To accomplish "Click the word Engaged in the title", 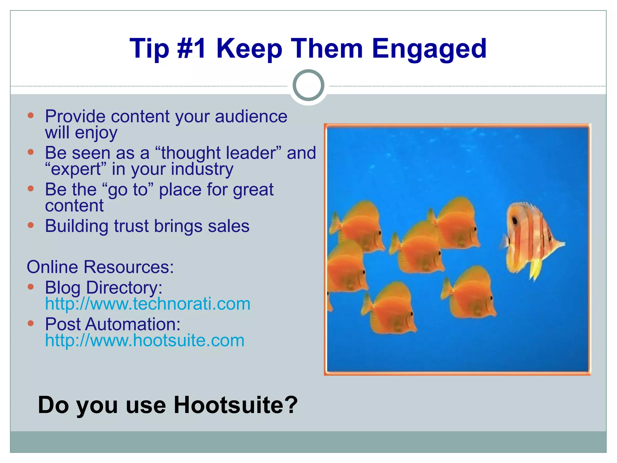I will tap(429, 49).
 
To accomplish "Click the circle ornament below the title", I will tap(308, 85).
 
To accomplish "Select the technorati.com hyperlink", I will tap(148, 304).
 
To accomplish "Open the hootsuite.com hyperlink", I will tap(145, 340).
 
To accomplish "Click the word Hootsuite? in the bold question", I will tap(236, 405).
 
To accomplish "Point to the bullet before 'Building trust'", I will tap(30, 225).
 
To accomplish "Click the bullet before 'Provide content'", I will tap(30, 115).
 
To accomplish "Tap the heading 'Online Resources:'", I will tap(100, 267).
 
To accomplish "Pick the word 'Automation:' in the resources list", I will tap(133, 324).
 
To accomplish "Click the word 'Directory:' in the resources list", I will tap(124, 288).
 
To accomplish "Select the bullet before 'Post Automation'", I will tap(30, 323).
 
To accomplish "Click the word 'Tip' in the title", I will tap(149, 49).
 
